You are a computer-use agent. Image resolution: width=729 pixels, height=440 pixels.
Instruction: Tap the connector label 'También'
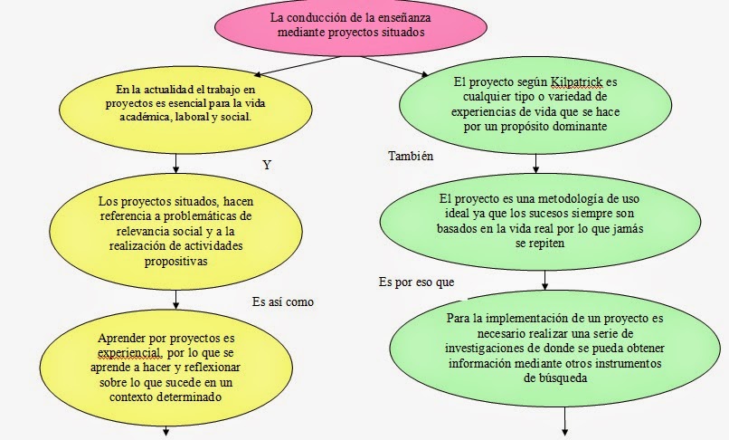click(399, 156)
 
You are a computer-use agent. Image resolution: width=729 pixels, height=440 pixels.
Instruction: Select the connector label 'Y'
click(266, 166)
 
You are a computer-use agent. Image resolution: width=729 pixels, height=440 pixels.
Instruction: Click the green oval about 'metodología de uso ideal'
click(538, 220)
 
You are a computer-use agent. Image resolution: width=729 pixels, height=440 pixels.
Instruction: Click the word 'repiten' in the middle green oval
click(541, 243)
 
